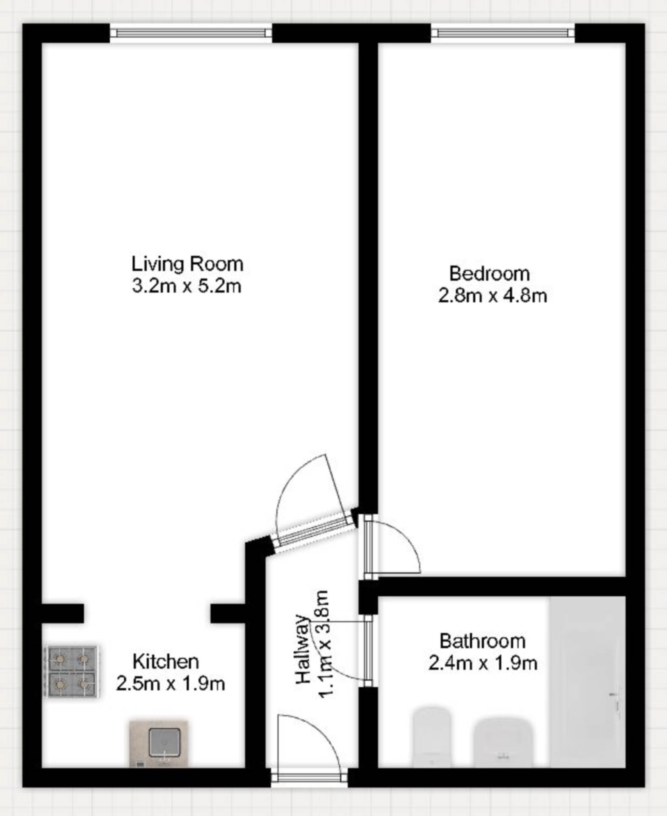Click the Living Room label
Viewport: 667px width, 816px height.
pos(187,264)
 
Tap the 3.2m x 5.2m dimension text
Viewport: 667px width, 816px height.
pos(187,286)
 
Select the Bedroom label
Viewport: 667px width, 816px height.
pos(489,273)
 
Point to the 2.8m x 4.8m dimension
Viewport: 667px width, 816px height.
pos(492,295)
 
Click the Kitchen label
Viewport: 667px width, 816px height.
pos(165,661)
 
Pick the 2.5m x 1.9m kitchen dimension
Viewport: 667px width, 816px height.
pos(170,684)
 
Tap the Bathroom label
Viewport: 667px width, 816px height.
pos(482,641)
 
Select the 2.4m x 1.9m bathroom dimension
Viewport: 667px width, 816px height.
pos(483,663)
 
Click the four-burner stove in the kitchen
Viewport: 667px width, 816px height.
pos(71,671)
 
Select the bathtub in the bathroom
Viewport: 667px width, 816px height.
pos(587,682)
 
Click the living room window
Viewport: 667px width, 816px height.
pos(191,33)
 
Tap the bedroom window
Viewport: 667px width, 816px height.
pos(502,33)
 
